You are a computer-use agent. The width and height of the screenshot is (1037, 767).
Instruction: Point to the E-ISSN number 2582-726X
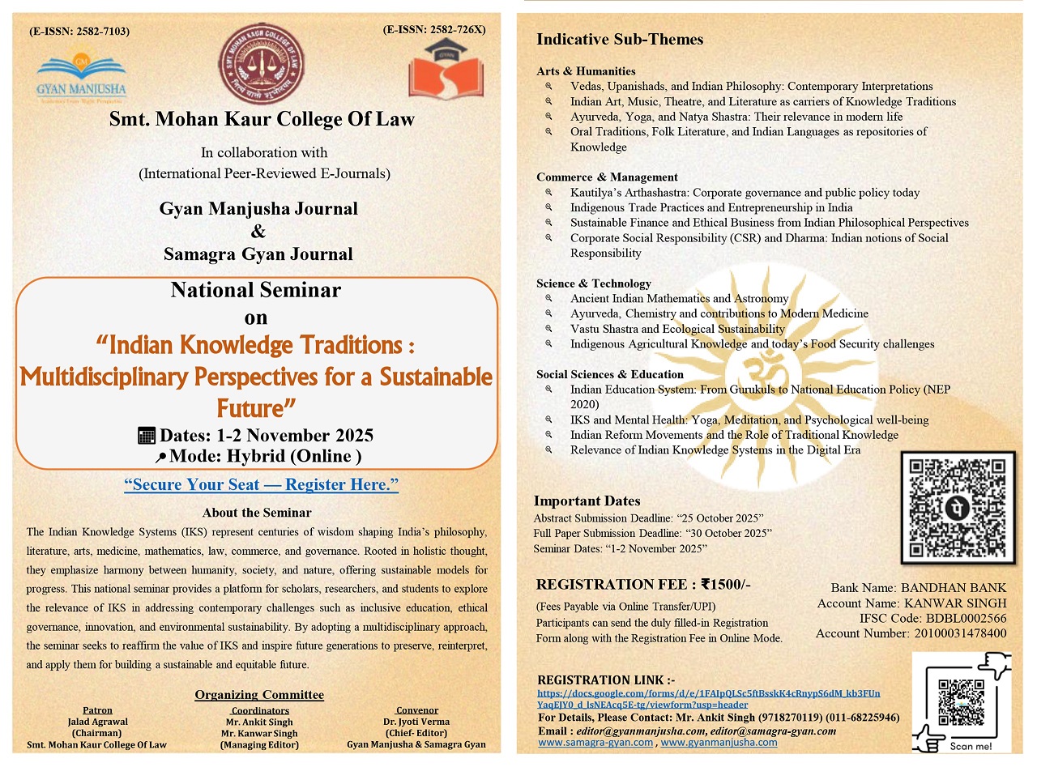point(433,30)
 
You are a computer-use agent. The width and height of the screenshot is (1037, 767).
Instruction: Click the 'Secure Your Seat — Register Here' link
point(261,485)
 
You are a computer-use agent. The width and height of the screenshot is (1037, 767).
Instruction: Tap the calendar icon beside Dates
point(147,436)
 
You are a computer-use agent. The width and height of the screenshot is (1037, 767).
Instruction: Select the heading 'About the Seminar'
point(257,513)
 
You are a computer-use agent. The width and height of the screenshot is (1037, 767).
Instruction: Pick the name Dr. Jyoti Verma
point(416,722)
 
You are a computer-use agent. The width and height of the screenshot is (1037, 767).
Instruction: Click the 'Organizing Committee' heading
point(259,695)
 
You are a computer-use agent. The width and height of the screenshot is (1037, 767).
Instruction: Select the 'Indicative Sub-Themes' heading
point(620,39)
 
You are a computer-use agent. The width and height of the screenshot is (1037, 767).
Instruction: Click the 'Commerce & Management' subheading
point(607,177)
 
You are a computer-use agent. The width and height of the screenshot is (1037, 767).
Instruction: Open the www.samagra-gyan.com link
point(595,742)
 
